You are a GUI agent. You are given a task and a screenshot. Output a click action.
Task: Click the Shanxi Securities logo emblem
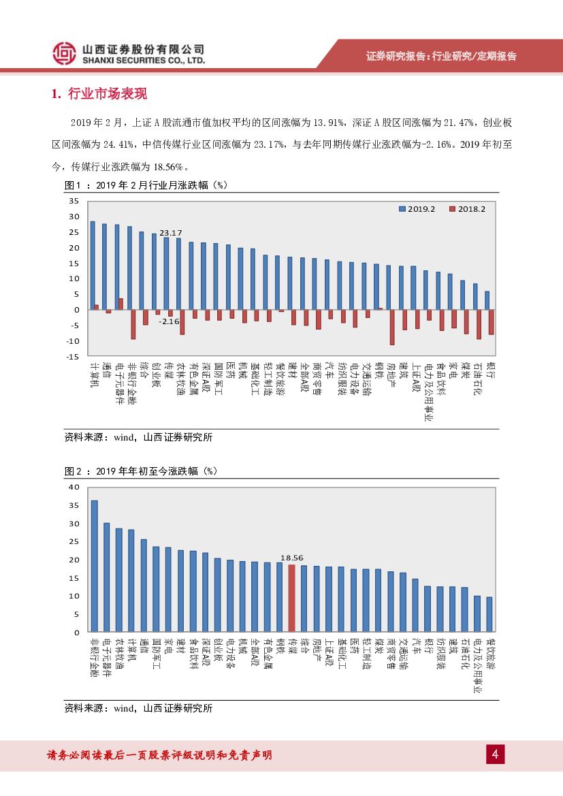click(65, 54)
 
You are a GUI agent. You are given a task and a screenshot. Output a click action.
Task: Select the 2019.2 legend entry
click(417, 209)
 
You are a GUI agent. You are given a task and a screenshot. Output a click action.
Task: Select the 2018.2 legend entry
click(467, 209)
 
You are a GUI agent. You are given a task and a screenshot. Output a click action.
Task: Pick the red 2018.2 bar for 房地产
click(392, 327)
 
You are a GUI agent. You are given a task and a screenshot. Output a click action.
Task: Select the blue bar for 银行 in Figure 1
click(487, 300)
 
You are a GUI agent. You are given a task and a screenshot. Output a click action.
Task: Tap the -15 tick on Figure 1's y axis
click(74, 357)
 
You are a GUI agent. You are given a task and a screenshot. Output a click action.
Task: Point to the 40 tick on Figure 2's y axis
click(74, 487)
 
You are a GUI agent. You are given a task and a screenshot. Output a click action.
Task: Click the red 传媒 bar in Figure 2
click(291, 599)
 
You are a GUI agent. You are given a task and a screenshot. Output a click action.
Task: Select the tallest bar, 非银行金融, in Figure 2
click(94, 567)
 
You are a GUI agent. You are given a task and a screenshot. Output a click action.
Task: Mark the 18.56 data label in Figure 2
click(291, 557)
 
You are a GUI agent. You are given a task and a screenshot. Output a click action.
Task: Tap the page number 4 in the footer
click(495, 754)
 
